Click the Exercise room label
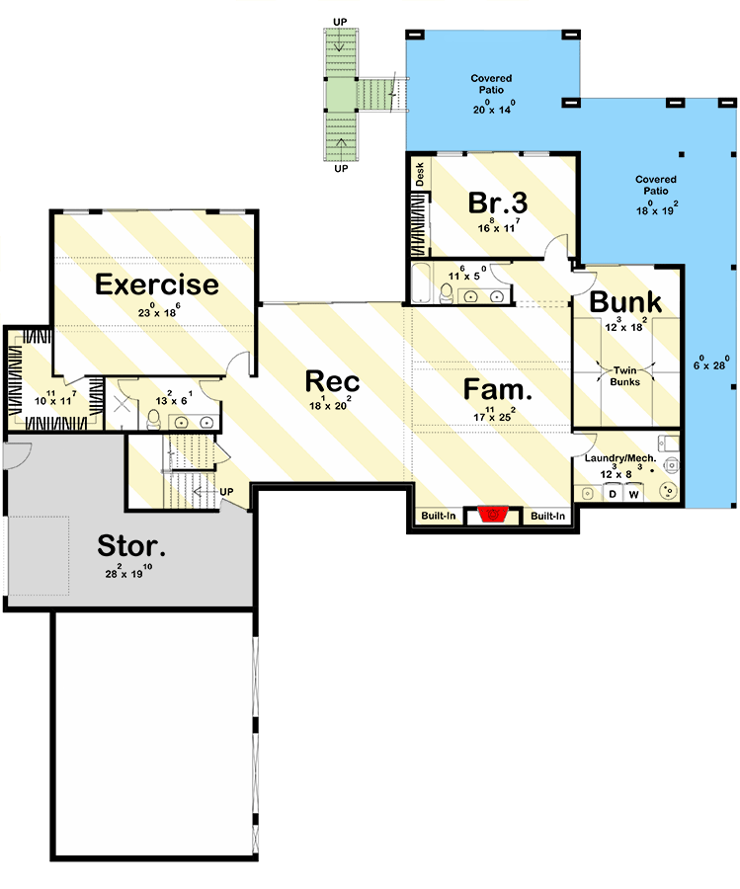pyautogui.click(x=156, y=285)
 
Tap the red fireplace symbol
pyautogui.click(x=491, y=515)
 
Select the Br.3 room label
pyautogui.click(x=497, y=202)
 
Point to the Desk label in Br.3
pyautogui.click(x=419, y=175)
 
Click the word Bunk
pyautogui.click(x=625, y=302)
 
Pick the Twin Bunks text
pyautogui.click(x=624, y=375)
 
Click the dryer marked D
pyautogui.click(x=612, y=493)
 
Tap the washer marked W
pyautogui.click(x=634, y=493)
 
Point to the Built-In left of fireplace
pyautogui.click(x=439, y=517)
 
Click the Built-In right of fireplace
pyautogui.click(x=548, y=517)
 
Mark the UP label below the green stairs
pyautogui.click(x=342, y=169)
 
